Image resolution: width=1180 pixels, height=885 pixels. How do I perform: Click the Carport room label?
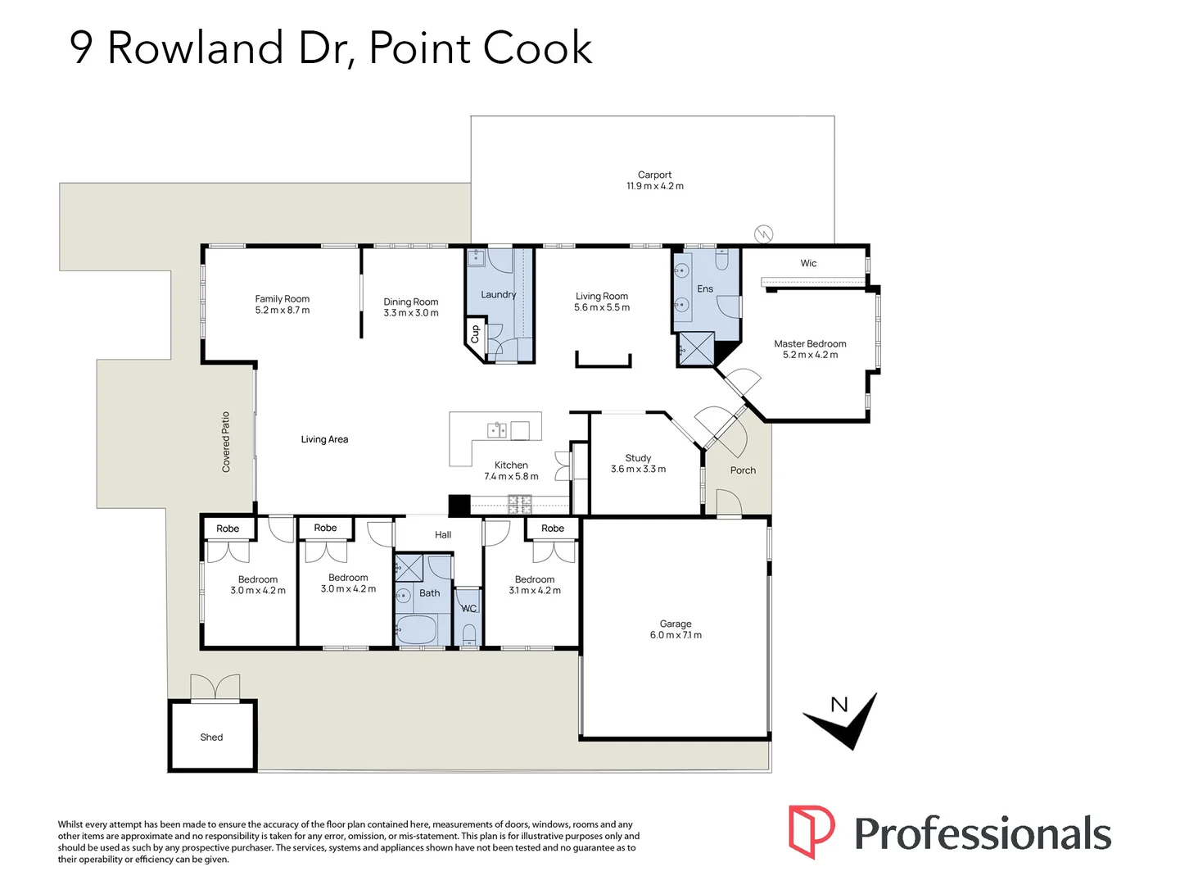tap(654, 175)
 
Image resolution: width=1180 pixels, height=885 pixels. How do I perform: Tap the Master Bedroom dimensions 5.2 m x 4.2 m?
tap(810, 355)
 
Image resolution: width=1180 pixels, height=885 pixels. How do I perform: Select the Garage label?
tap(676, 624)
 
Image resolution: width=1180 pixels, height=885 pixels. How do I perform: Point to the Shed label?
tap(211, 737)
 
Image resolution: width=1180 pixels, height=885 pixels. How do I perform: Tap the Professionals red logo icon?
tap(812, 831)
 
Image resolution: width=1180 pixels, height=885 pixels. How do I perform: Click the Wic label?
tap(808, 263)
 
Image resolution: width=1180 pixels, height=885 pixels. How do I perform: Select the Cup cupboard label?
tap(475, 334)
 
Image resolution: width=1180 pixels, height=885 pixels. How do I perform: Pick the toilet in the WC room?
tap(469, 633)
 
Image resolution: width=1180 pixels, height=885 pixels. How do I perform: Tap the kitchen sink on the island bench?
tap(497, 430)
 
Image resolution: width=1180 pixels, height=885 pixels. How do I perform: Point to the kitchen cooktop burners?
tap(520, 504)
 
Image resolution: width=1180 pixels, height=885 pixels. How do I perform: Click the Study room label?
tap(638, 458)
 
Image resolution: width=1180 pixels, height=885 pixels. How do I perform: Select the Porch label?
tap(743, 470)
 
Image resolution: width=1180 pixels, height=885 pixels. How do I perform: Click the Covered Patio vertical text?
tap(226, 442)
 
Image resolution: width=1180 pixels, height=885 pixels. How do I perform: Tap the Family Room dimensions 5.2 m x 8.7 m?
tap(283, 311)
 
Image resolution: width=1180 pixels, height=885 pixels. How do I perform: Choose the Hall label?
tap(443, 535)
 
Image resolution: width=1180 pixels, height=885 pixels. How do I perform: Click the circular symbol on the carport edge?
tap(763, 234)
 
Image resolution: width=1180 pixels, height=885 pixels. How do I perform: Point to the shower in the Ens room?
tap(696, 349)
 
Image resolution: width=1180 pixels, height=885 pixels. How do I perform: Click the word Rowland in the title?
tap(195, 48)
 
